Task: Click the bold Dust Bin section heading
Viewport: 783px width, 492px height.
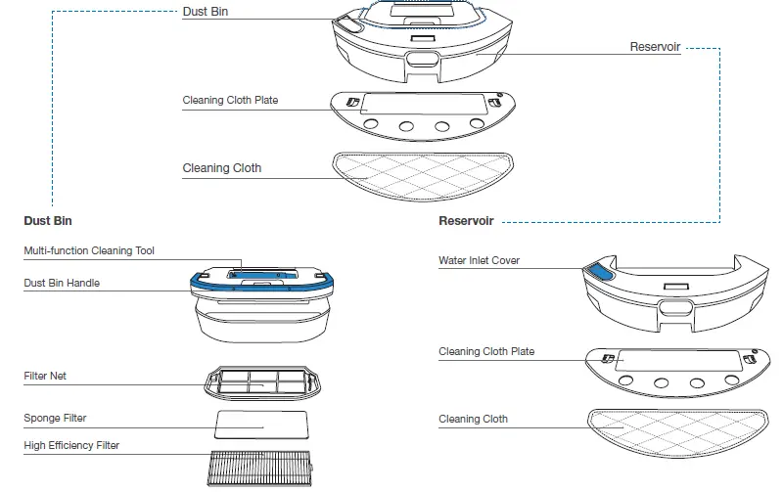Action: (x=48, y=221)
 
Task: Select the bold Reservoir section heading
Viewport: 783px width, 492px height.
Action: (x=466, y=221)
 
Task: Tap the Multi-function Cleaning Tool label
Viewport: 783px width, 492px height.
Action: (x=89, y=251)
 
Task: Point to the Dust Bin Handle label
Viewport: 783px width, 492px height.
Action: (x=62, y=284)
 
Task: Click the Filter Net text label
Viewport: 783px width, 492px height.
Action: (x=45, y=376)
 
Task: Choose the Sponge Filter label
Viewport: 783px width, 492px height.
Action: (x=55, y=419)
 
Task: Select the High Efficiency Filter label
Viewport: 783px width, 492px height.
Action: (x=71, y=446)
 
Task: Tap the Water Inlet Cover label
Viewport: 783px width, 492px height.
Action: (x=480, y=261)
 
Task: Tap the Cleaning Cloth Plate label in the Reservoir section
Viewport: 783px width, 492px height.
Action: (x=486, y=352)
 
